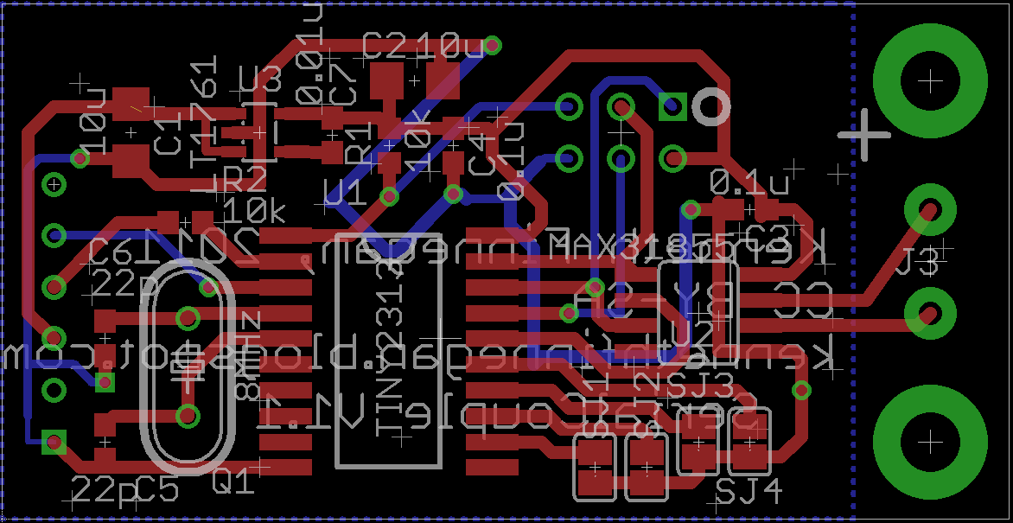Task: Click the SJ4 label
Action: click(749, 492)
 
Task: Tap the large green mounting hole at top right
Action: click(930, 81)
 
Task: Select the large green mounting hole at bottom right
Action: click(930, 442)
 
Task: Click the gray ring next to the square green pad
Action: click(711, 107)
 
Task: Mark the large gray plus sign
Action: click(863, 134)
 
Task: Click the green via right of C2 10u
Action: click(492, 45)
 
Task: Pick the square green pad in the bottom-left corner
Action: click(54, 443)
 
